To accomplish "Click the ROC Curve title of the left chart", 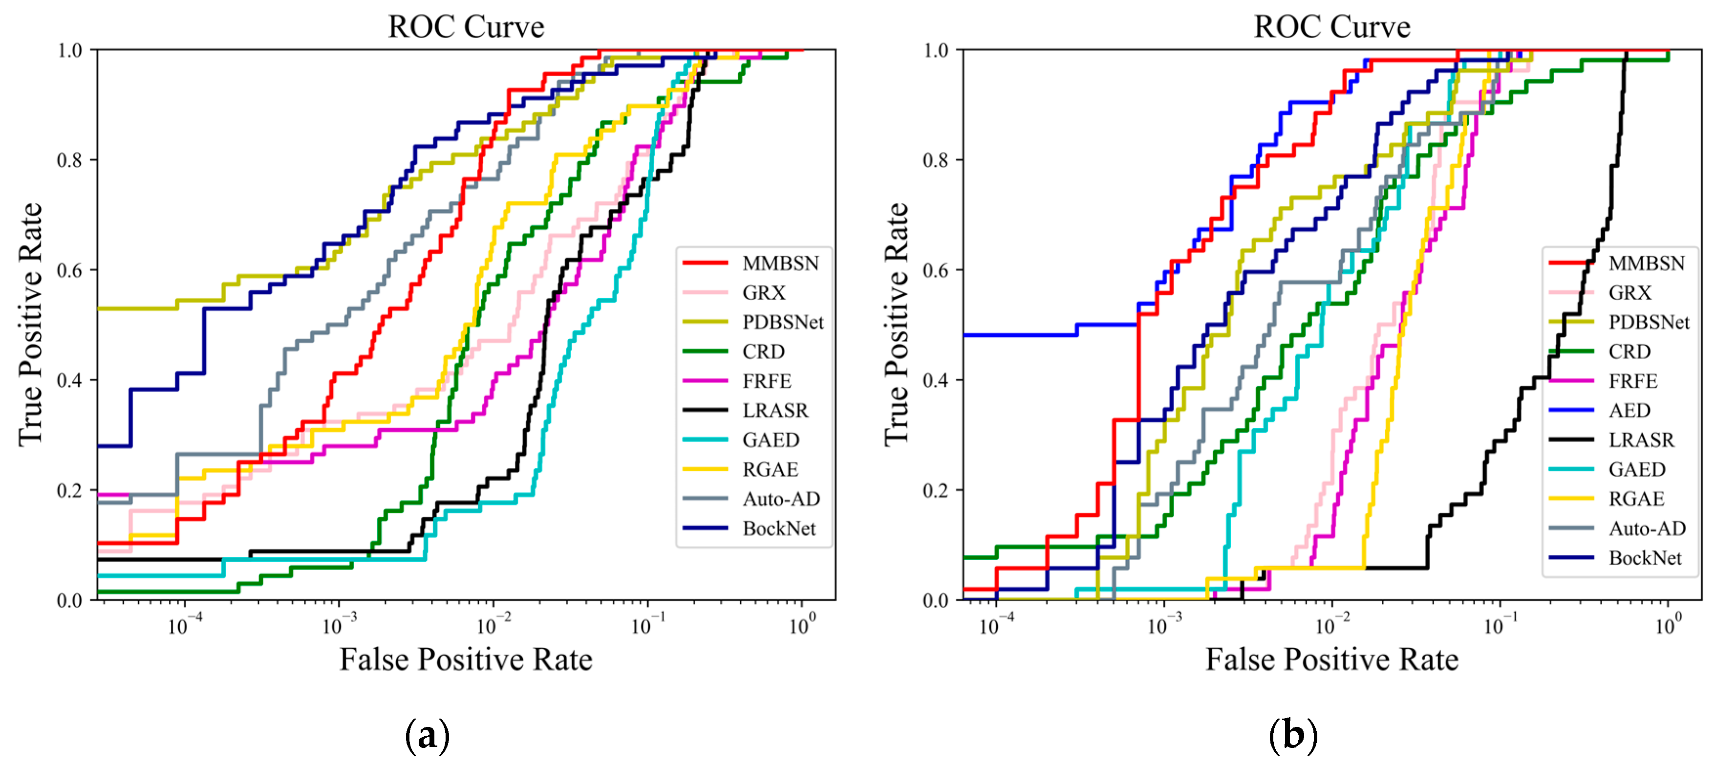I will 466,27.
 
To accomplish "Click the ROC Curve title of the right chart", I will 1331,27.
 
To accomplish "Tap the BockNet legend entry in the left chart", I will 779,528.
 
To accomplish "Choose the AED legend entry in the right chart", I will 1629,410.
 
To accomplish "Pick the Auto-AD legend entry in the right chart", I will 1647,528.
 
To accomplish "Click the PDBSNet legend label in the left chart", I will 783,322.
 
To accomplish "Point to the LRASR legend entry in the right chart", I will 1640,439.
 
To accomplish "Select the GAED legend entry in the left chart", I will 771,439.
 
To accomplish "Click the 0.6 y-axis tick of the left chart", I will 69,270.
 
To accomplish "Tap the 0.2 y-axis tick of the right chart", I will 935,490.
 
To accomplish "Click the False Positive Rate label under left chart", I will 466,659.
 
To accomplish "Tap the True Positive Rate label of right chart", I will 896,325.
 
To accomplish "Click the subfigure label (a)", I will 427,735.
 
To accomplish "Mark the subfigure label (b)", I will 1292,735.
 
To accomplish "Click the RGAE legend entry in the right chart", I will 1636,499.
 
